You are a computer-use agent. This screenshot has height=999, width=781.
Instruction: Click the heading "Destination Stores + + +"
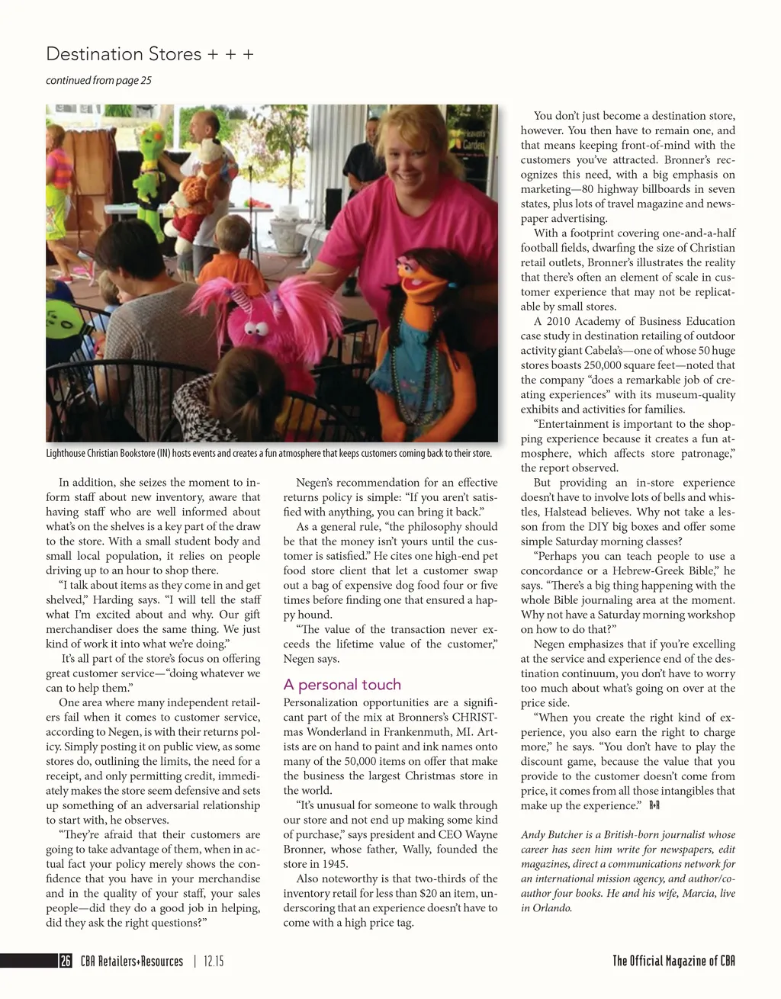[x=149, y=54]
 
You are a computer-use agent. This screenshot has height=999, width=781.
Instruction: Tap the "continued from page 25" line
[x=98, y=80]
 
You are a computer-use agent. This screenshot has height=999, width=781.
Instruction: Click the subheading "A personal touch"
[x=342, y=684]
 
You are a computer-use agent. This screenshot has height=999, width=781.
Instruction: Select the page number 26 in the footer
[x=66, y=962]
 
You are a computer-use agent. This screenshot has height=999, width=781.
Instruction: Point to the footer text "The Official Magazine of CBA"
[x=673, y=961]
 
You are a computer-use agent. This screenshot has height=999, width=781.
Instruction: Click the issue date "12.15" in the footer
[x=214, y=962]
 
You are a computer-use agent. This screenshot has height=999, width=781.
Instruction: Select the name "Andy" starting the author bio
[x=533, y=835]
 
